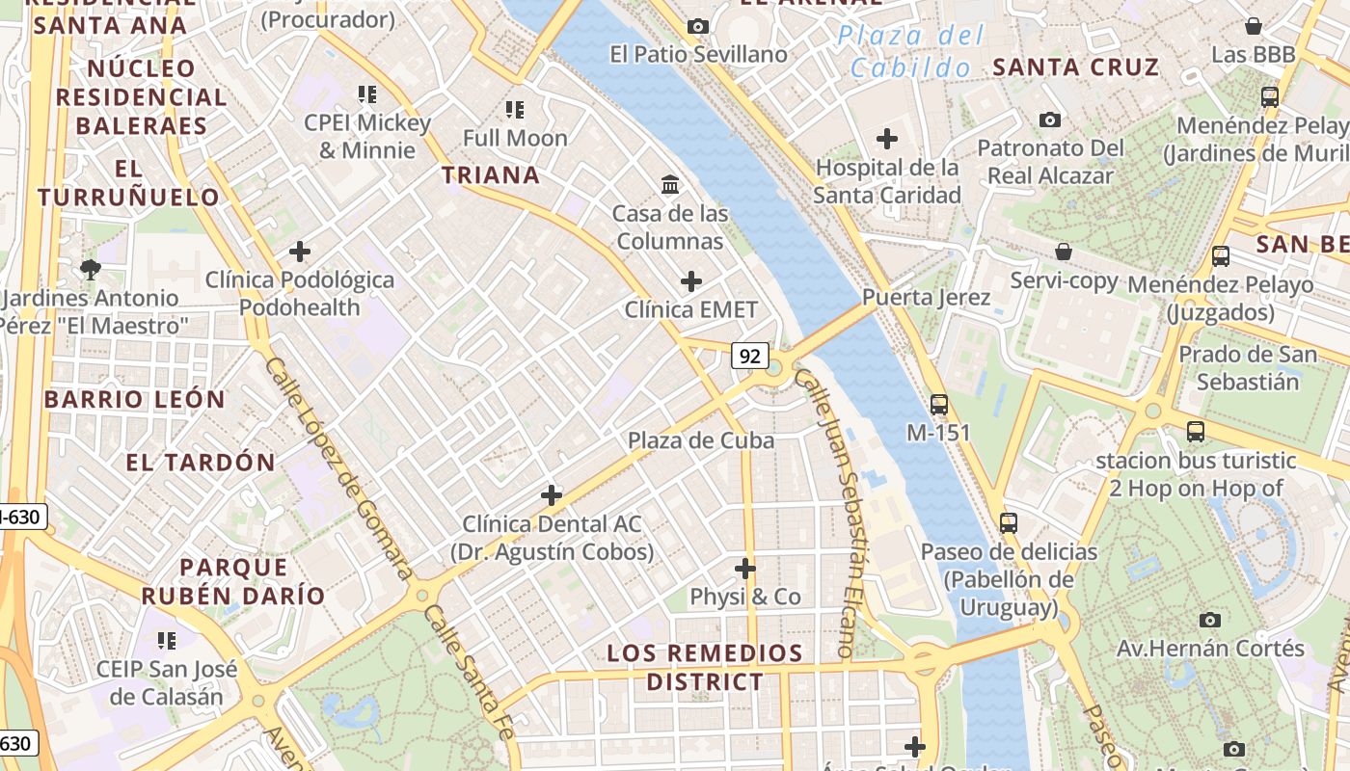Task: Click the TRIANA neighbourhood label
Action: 491,174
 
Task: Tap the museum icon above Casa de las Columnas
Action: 669,183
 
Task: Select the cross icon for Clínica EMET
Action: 691,281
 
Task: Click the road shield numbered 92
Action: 749,356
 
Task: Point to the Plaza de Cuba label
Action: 701,440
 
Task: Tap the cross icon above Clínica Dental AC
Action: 552,495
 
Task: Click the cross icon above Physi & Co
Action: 745,568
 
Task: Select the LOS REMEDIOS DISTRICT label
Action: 705,667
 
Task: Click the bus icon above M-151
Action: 939,404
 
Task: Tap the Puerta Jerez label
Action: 926,297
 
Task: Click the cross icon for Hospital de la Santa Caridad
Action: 887,139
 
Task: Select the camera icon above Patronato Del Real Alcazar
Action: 1050,120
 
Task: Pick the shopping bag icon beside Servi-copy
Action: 1064,252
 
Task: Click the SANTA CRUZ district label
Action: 1075,67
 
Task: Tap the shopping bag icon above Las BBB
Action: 1254,26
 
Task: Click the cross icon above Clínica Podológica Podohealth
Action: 300,252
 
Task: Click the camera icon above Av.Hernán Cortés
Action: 1210,620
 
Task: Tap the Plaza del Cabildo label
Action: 911,52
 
